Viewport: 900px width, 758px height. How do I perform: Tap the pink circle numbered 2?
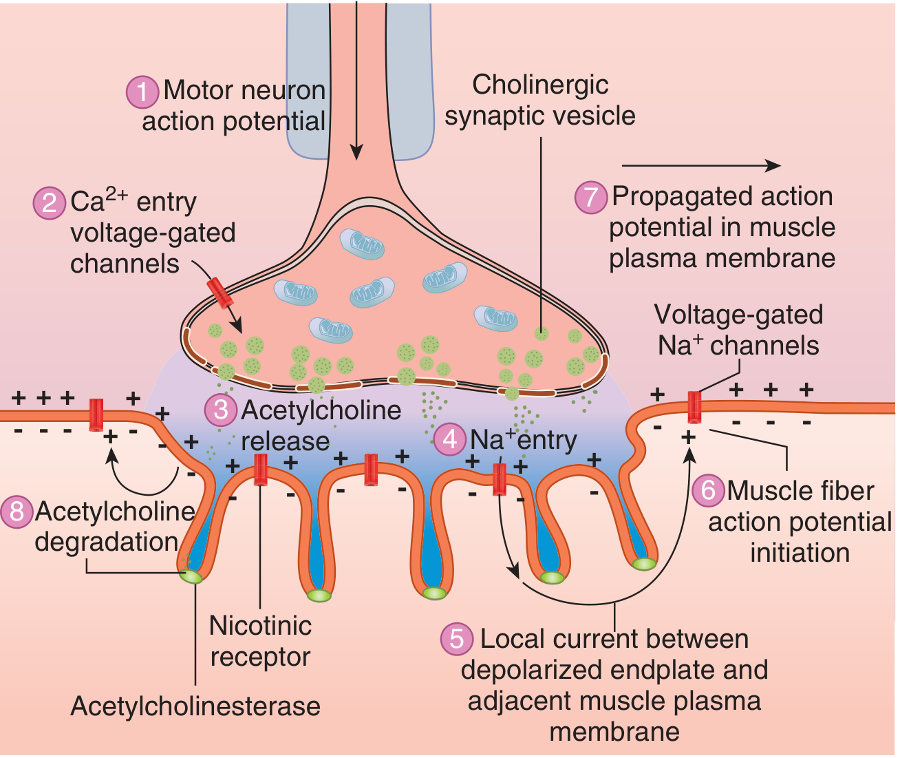(50, 202)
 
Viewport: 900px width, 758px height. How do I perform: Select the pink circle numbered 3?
(221, 410)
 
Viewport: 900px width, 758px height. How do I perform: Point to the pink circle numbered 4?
(450, 439)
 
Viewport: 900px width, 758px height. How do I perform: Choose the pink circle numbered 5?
(457, 639)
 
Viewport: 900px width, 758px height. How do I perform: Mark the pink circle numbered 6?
(708, 490)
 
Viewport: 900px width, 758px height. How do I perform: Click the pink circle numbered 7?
(591, 197)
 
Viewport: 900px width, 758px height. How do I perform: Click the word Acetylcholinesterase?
(195, 706)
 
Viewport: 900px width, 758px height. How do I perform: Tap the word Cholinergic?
(540, 85)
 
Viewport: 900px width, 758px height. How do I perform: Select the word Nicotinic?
(260, 626)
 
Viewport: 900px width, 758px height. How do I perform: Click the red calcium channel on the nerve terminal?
(222, 293)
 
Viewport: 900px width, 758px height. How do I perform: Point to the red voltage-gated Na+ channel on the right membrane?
(694, 407)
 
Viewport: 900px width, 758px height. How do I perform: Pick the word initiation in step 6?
(800, 553)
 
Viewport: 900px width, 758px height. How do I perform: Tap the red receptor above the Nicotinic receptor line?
(260, 470)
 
